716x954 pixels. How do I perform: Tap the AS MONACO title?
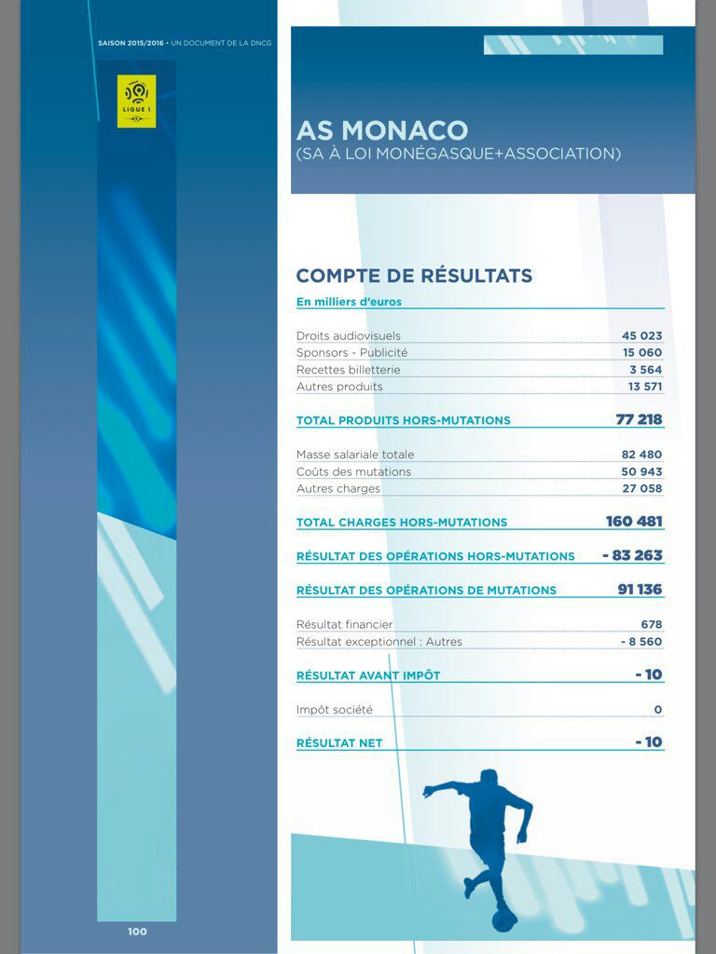pyautogui.click(x=381, y=129)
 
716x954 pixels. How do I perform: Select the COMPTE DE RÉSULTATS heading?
pyautogui.click(x=414, y=276)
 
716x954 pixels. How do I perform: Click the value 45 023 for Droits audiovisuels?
pyautogui.click(x=641, y=335)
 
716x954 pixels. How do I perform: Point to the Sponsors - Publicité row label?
pyautogui.click(x=351, y=353)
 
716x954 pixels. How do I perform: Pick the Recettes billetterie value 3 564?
pyautogui.click(x=645, y=370)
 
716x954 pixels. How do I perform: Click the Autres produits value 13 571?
pyautogui.click(x=644, y=387)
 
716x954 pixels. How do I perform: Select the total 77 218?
pyautogui.click(x=639, y=419)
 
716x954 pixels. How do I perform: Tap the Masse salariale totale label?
pyautogui.click(x=355, y=455)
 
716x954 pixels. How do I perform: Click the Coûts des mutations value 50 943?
pyautogui.click(x=641, y=471)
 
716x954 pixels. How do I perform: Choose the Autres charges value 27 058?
pyautogui.click(x=641, y=488)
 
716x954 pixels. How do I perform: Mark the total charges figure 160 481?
pyautogui.click(x=634, y=522)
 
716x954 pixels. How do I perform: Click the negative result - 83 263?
pyautogui.click(x=632, y=555)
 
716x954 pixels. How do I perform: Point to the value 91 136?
pyautogui.click(x=640, y=590)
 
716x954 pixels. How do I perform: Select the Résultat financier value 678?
pyautogui.click(x=651, y=624)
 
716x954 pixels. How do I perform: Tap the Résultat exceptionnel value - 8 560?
pyautogui.click(x=640, y=642)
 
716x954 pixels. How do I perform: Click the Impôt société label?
pyautogui.click(x=334, y=710)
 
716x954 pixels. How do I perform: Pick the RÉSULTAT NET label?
pyautogui.click(x=339, y=743)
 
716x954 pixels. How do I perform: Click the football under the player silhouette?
pyautogui.click(x=504, y=920)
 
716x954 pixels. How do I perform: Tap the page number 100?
pyautogui.click(x=137, y=932)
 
